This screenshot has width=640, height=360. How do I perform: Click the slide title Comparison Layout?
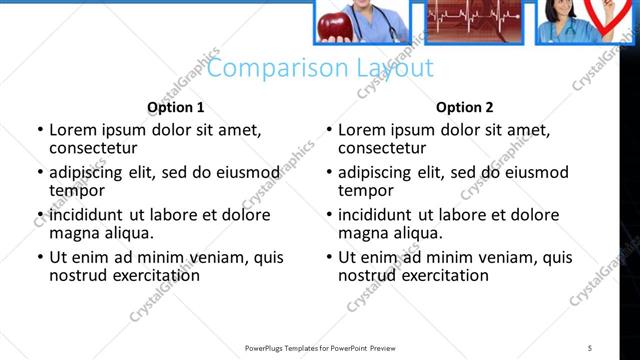coord(320,69)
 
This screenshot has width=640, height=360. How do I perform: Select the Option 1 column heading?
coord(176,107)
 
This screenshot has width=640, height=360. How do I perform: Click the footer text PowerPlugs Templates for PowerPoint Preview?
coord(319,347)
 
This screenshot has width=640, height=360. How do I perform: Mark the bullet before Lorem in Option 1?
coord(39,131)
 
